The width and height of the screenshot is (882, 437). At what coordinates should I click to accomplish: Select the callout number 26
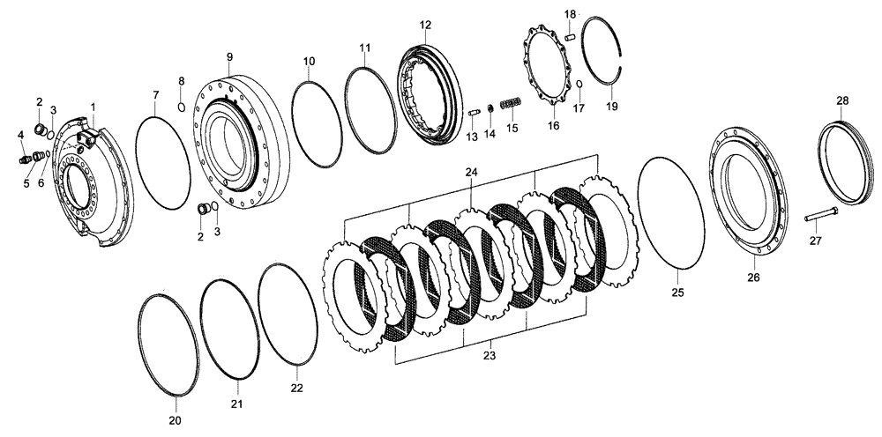point(753,277)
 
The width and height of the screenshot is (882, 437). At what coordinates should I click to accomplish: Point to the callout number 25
point(677,292)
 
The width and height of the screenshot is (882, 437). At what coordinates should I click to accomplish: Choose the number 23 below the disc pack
point(489,356)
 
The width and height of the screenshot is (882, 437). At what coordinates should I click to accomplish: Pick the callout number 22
point(297,387)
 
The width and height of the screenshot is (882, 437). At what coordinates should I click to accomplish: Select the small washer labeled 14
point(490,109)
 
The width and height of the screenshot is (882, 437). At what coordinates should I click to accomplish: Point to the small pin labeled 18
point(570,36)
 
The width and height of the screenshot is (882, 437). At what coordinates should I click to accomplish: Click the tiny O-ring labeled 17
point(579,84)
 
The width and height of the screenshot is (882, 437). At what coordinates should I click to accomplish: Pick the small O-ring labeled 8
point(181,107)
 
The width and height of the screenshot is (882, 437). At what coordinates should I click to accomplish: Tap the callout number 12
point(425,26)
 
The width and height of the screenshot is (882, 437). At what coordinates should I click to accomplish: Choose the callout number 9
point(228,58)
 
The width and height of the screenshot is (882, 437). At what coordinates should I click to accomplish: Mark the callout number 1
point(93,107)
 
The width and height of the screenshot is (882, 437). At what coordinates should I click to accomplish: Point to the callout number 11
point(364,47)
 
